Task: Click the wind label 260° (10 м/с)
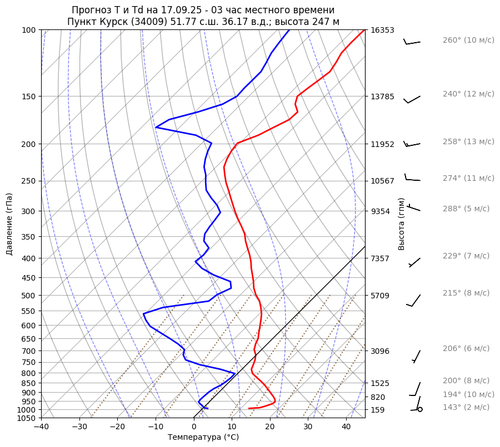click(468, 40)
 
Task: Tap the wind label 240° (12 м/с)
click(468, 94)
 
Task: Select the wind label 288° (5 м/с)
click(466, 209)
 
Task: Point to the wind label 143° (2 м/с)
click(466, 407)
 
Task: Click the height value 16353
click(382, 30)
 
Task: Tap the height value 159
click(378, 410)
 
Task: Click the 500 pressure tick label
click(29, 296)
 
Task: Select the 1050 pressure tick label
click(27, 418)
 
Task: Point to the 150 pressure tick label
click(29, 96)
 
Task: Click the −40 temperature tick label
click(41, 427)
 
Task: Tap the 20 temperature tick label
click(270, 427)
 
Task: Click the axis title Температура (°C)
click(203, 438)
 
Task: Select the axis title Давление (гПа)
click(9, 224)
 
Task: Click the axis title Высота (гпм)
click(402, 224)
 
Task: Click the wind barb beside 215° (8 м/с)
click(414, 300)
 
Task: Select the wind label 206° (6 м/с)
click(466, 348)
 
